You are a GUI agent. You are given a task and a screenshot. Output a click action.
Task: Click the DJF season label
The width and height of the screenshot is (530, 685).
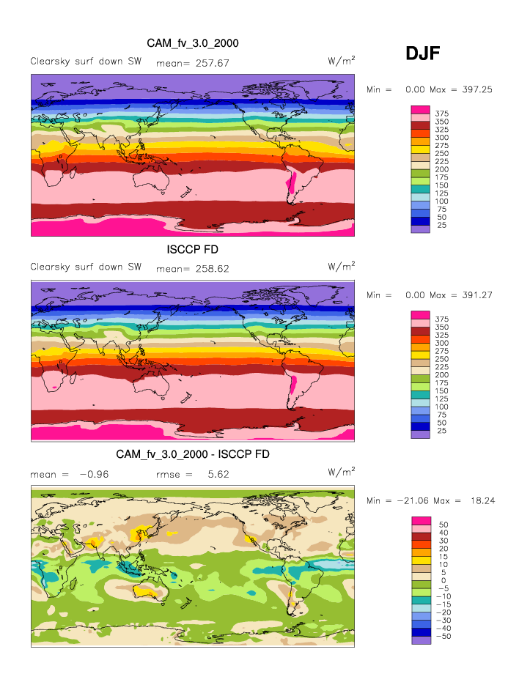click(423, 53)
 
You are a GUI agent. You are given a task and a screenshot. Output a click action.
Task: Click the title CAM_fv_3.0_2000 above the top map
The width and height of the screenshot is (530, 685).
click(193, 44)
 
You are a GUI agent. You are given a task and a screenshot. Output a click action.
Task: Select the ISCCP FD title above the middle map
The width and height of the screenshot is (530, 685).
click(193, 250)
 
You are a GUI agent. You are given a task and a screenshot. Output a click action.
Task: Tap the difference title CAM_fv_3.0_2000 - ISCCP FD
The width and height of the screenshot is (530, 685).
click(193, 455)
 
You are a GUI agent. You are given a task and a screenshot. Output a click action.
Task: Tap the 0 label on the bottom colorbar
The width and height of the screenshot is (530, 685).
click(441, 580)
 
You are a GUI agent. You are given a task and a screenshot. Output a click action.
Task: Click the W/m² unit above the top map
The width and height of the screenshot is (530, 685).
click(342, 61)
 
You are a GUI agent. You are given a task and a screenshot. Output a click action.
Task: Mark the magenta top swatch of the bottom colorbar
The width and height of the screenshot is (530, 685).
click(420, 520)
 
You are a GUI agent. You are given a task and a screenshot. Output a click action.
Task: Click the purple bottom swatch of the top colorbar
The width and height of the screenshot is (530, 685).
click(420, 229)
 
